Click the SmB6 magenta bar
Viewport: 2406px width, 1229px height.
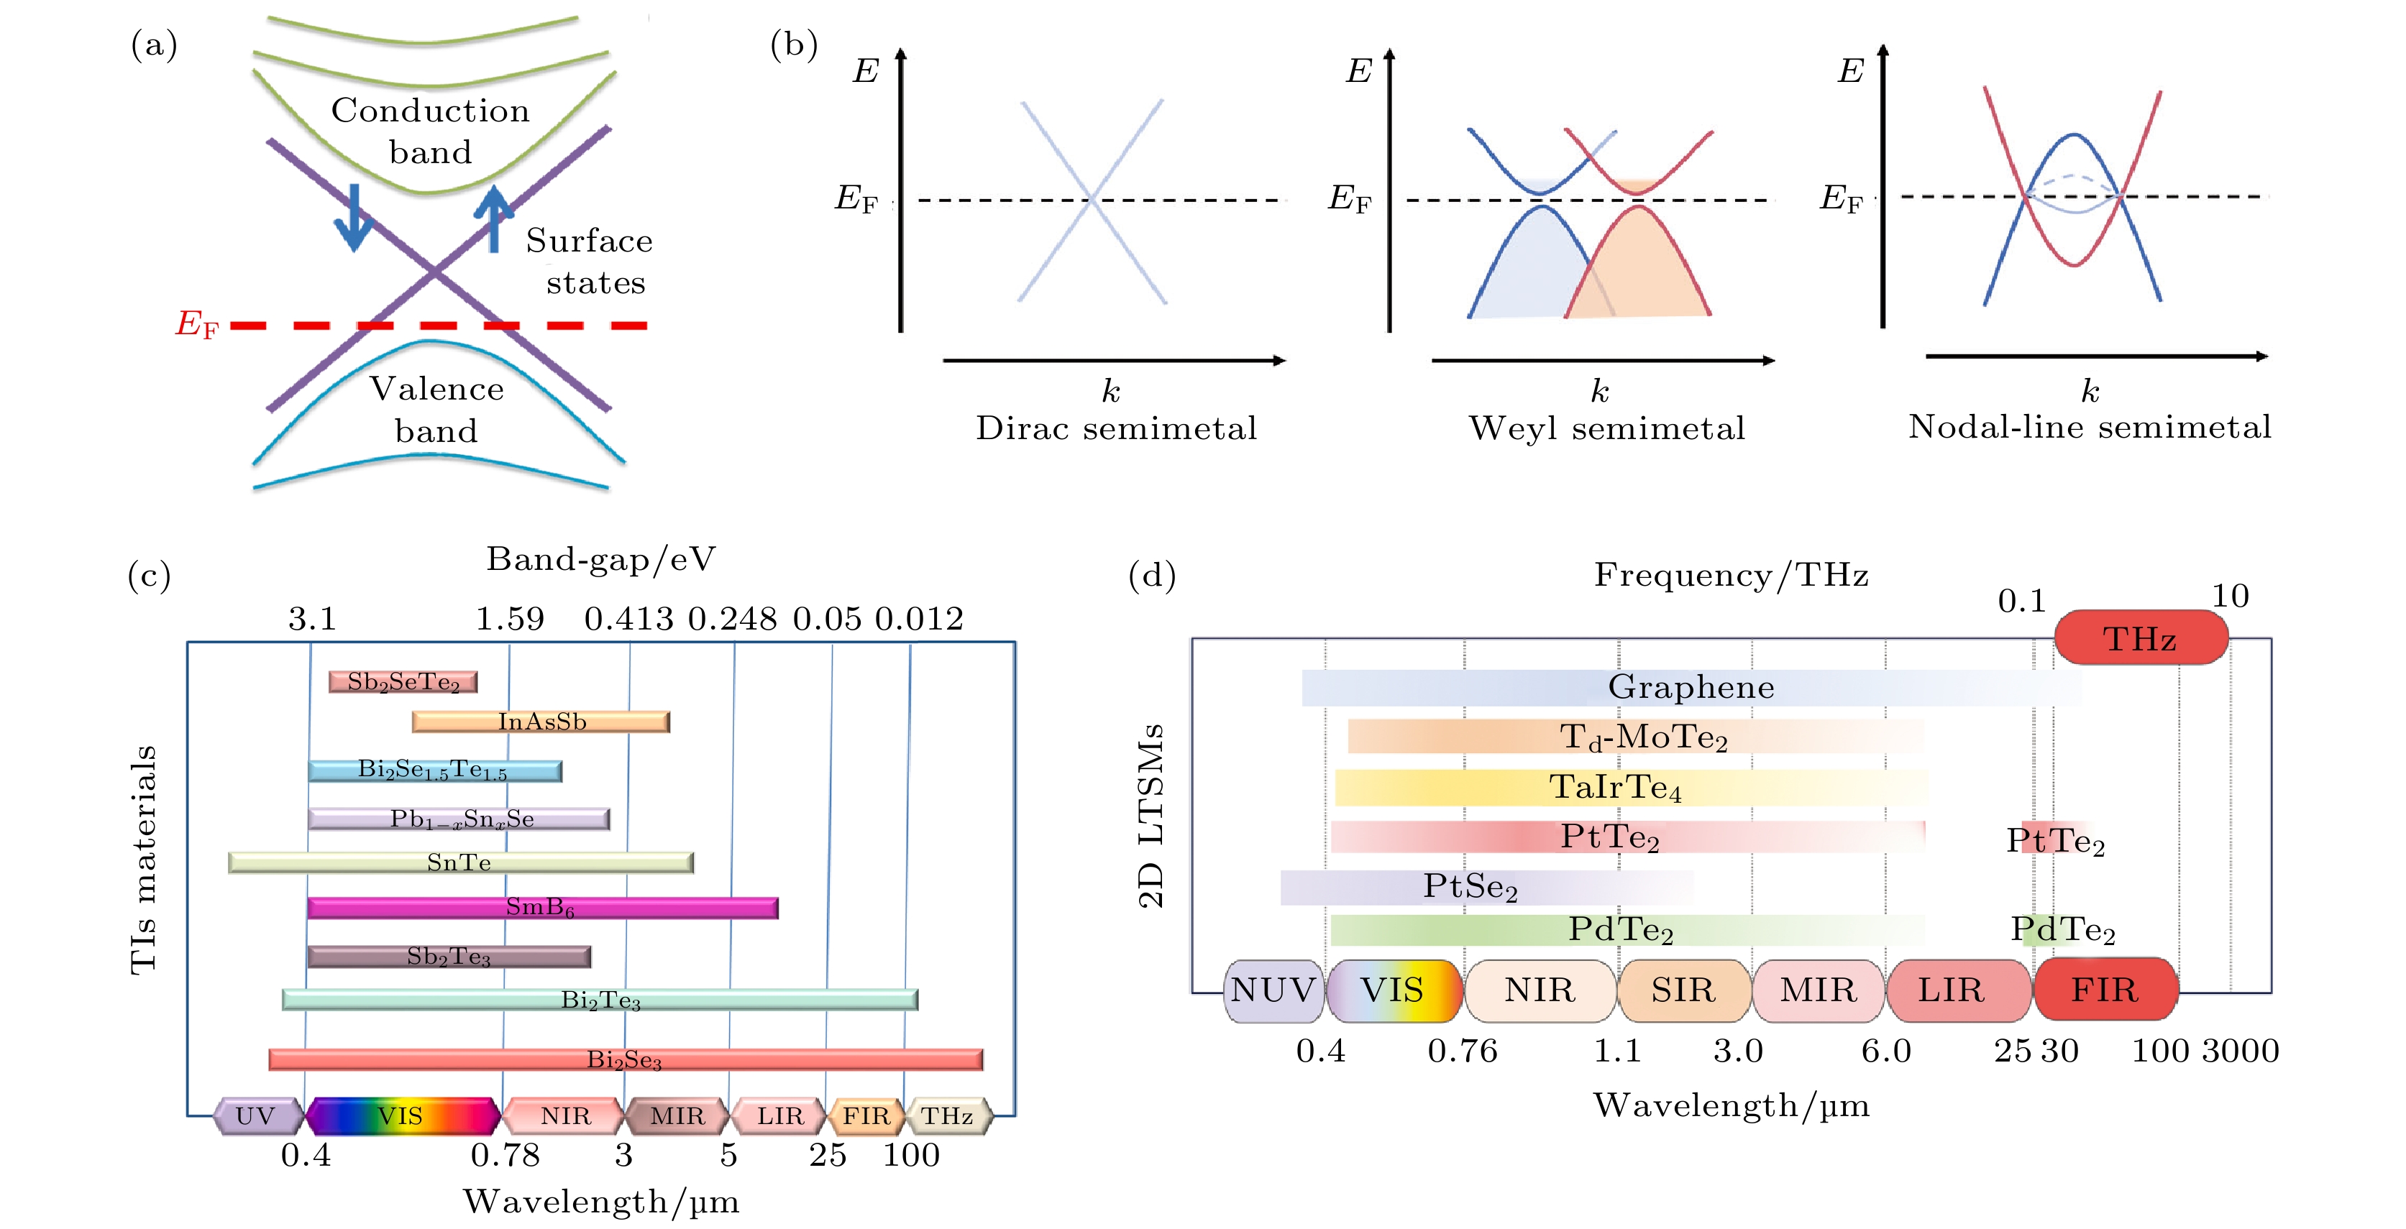point(541,907)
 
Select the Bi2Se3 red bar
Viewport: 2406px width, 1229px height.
point(625,1059)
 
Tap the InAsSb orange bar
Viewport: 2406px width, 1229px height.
point(541,721)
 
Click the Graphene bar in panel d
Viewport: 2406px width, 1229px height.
point(1691,687)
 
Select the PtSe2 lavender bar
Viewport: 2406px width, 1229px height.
point(1485,887)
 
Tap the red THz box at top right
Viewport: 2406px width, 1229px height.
point(2140,639)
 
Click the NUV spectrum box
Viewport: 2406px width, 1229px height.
point(1272,990)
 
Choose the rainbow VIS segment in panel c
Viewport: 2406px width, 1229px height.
point(402,1116)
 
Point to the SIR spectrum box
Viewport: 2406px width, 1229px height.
point(1683,990)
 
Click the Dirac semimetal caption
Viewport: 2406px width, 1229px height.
point(1116,428)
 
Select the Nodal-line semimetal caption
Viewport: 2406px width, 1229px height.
point(2090,427)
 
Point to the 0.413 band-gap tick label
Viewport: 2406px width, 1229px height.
point(628,618)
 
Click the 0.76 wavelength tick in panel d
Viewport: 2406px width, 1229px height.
point(1462,1051)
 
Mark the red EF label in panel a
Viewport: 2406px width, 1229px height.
point(197,324)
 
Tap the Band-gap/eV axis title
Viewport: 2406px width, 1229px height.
point(600,559)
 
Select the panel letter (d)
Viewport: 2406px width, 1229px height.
point(1152,575)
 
